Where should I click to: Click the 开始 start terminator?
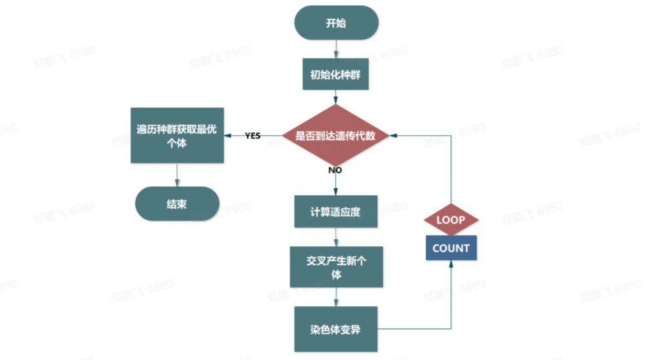[x=335, y=23]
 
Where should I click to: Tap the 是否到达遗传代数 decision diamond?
[x=335, y=136]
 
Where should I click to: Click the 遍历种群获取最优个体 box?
[x=177, y=136]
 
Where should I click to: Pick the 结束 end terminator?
[x=177, y=204]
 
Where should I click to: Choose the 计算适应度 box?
[x=335, y=212]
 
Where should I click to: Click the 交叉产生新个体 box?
[x=335, y=266]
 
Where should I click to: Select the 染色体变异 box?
[x=335, y=330]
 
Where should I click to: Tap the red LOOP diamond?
[x=451, y=220]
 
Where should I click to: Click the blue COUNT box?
[x=451, y=248]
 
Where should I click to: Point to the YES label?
[x=253, y=136]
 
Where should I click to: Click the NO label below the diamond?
[x=335, y=171]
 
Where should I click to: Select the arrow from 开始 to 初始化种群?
[x=335, y=49]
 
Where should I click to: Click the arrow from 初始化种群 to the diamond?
[x=335, y=96]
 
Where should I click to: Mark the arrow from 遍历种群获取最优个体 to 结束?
[x=177, y=175]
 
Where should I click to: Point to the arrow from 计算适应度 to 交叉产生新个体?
[x=335, y=237]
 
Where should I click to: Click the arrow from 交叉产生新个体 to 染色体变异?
[x=335, y=297]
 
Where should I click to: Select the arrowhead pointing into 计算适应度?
[x=335, y=192]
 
